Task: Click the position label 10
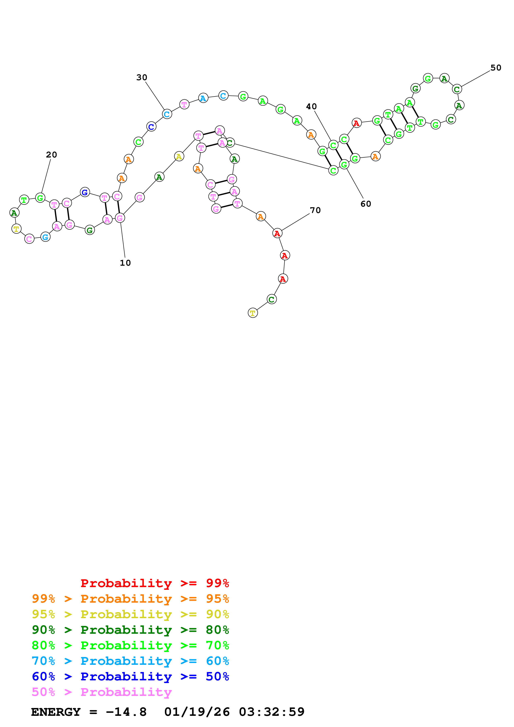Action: click(125, 263)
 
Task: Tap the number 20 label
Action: click(51, 155)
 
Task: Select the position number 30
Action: click(142, 77)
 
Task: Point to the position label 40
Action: click(311, 106)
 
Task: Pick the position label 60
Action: click(366, 204)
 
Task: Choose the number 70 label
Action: click(315, 210)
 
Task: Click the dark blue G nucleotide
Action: click(85, 192)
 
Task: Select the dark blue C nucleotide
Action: click(151, 127)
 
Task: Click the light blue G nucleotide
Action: click(46, 237)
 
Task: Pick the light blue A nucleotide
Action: click(203, 98)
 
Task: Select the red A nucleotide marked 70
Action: click(277, 233)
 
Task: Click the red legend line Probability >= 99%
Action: click(154, 583)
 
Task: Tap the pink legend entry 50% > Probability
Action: click(102, 692)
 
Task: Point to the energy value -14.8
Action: click(126, 712)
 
